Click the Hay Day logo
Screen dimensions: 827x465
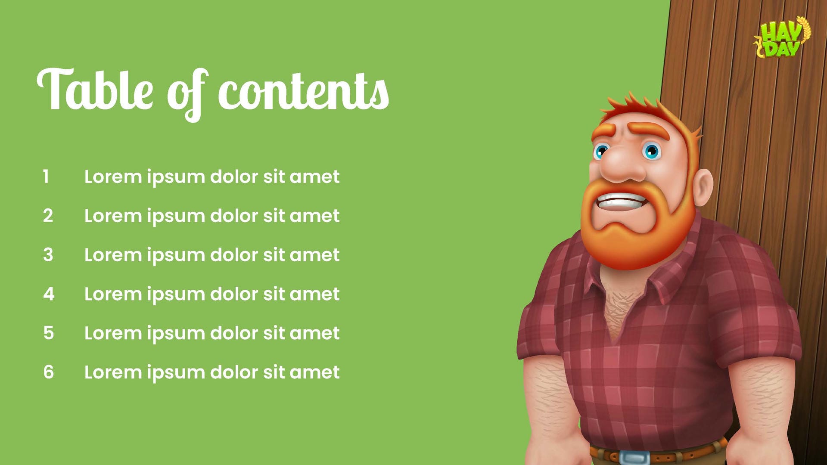[x=782, y=38]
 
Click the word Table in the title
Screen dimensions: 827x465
[x=95, y=90]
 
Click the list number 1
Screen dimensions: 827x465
[x=46, y=177]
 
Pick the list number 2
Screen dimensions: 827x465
[x=48, y=216]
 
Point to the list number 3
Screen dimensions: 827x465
[x=48, y=255]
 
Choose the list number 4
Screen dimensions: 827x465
[x=48, y=294]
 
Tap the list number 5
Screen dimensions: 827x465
[x=48, y=333]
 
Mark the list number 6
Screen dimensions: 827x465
[x=48, y=372]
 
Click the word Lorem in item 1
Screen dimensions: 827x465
[x=113, y=177]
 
